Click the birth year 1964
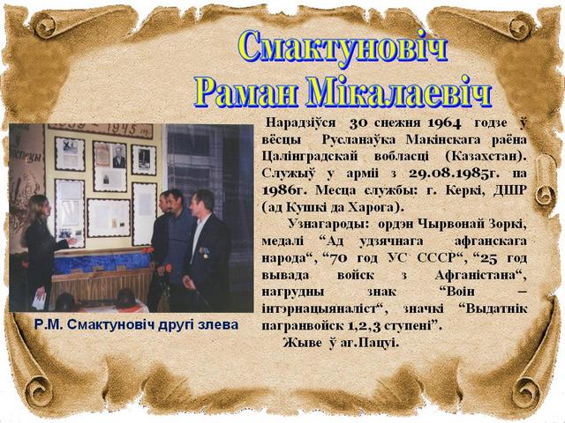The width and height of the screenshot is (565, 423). pyautogui.click(x=444, y=123)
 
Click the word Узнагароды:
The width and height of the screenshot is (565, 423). pyautogui.click(x=328, y=225)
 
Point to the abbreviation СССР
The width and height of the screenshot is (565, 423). pyautogui.click(x=440, y=258)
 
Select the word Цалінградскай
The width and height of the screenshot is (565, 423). pyautogui.click(x=310, y=157)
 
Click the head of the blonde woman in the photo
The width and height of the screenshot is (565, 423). pyautogui.click(x=37, y=207)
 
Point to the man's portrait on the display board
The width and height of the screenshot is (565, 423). pyautogui.click(x=119, y=157)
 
